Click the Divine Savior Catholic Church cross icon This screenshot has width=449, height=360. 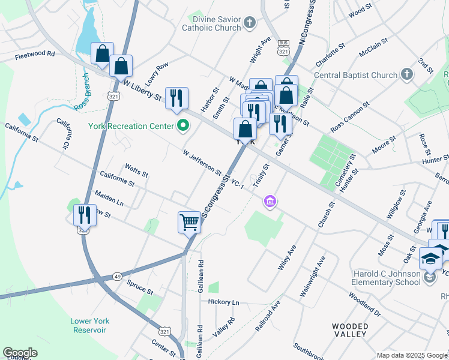click(250, 23)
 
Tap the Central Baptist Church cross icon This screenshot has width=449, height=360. click(407, 75)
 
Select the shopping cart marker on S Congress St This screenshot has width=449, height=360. click(189, 223)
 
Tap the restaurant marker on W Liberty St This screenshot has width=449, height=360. click(176, 98)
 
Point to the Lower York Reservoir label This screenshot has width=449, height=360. click(88, 325)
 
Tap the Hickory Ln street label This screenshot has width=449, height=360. click(223, 302)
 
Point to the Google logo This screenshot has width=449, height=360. click(20, 352)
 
